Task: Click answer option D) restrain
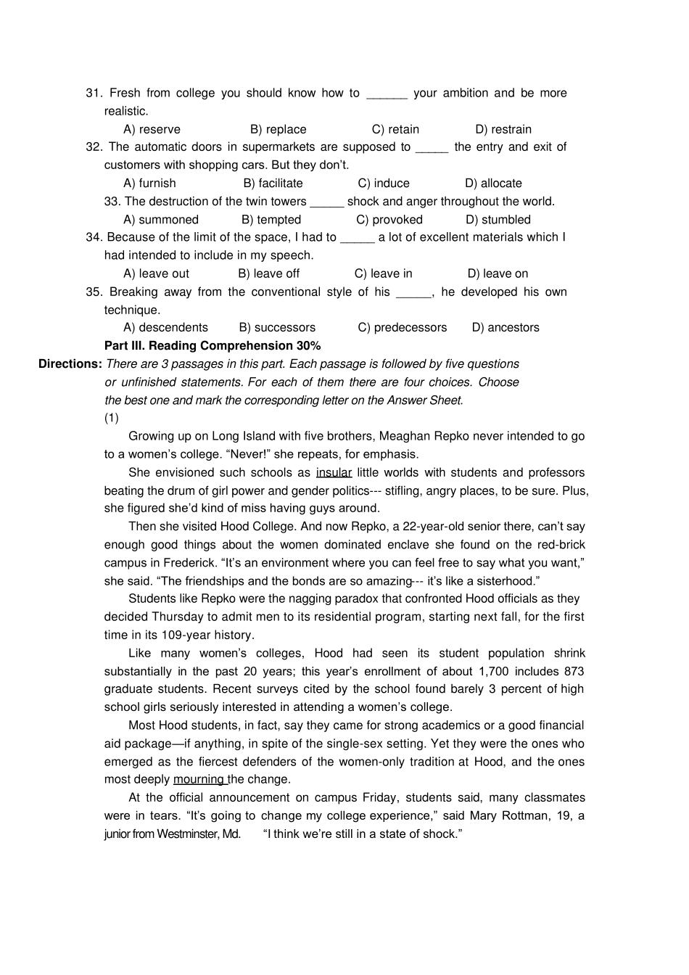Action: tap(503, 129)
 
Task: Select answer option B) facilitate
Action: tap(273, 184)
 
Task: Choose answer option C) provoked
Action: tap(389, 220)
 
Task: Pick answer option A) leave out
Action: tap(156, 273)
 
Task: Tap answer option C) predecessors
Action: tap(402, 328)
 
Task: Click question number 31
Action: tap(94, 93)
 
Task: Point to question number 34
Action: tap(94, 237)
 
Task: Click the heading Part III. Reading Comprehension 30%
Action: tap(212, 346)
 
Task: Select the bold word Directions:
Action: tap(70, 364)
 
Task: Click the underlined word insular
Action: tap(334, 473)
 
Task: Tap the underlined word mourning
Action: tap(199, 780)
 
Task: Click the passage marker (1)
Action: tap(111, 418)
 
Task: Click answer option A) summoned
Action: tap(160, 220)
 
